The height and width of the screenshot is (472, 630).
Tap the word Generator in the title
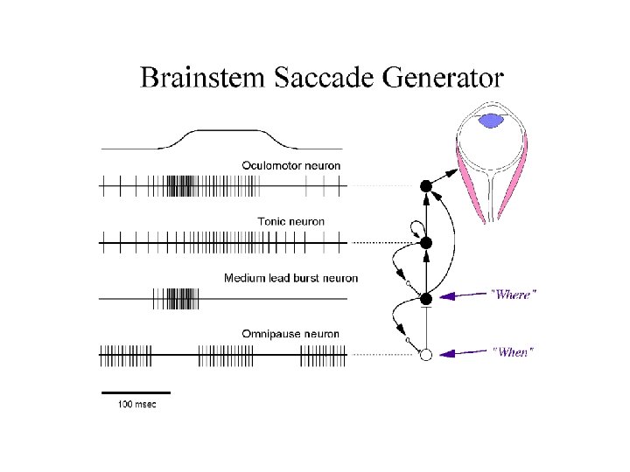coord(444,78)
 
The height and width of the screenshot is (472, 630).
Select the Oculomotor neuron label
coord(291,165)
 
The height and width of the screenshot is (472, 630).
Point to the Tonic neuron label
coord(290,221)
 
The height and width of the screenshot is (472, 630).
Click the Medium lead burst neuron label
coord(290,278)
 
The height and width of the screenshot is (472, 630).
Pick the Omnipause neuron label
coord(290,334)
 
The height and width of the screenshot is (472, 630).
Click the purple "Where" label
coord(513,295)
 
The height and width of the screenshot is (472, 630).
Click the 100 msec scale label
coord(136,404)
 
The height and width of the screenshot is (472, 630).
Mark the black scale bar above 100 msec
coord(136,392)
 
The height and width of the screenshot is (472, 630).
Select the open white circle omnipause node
coord(426,355)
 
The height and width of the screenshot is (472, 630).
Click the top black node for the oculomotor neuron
coord(426,185)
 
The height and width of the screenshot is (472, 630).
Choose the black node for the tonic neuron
coord(426,242)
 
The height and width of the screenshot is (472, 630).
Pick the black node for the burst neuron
coord(426,299)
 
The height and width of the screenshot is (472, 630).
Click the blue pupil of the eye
coord(494,119)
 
